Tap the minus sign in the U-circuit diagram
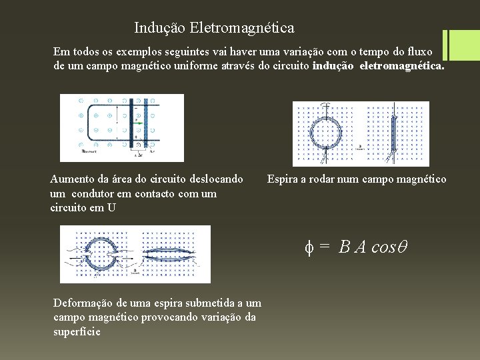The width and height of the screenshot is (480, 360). (x=136, y=108)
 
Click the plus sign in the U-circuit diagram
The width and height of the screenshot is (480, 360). (x=136, y=137)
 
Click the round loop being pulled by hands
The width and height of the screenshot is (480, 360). (x=101, y=255)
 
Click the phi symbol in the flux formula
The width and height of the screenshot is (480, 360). (x=309, y=247)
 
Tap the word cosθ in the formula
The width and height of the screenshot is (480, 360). (x=389, y=247)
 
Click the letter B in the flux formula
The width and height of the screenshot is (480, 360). (x=345, y=247)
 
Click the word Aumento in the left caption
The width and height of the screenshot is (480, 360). (x=71, y=179)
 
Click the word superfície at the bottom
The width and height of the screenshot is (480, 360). (x=77, y=331)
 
